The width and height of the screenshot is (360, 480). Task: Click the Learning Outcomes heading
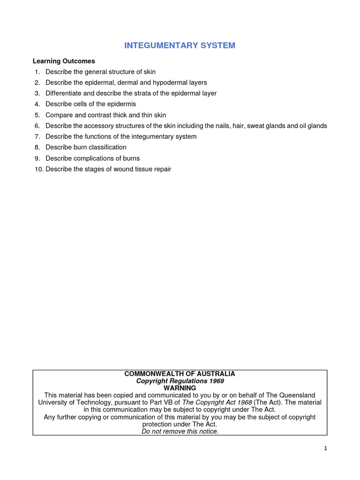(64, 61)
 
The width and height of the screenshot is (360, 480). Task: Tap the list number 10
(38, 169)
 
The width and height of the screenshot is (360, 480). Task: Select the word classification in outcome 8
(105, 147)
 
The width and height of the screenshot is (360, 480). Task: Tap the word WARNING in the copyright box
(180, 388)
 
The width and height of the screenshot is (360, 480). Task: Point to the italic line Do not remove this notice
(180, 431)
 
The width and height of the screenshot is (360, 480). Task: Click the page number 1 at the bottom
(325, 448)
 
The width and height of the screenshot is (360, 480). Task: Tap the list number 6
(37, 126)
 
